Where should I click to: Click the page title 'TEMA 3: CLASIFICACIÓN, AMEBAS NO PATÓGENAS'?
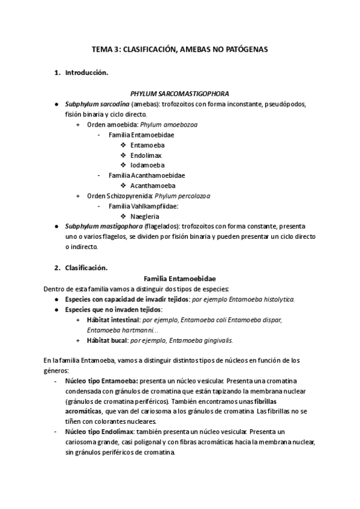pos(180,50)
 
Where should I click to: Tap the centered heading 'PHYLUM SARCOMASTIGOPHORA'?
pos(180,94)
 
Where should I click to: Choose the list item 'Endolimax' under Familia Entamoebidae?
pos(146,155)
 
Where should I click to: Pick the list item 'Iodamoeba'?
pos(147,165)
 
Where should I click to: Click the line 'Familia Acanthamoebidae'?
pos(146,175)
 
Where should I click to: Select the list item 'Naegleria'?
pos(145,216)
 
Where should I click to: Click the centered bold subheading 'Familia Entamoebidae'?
pos(180,279)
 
